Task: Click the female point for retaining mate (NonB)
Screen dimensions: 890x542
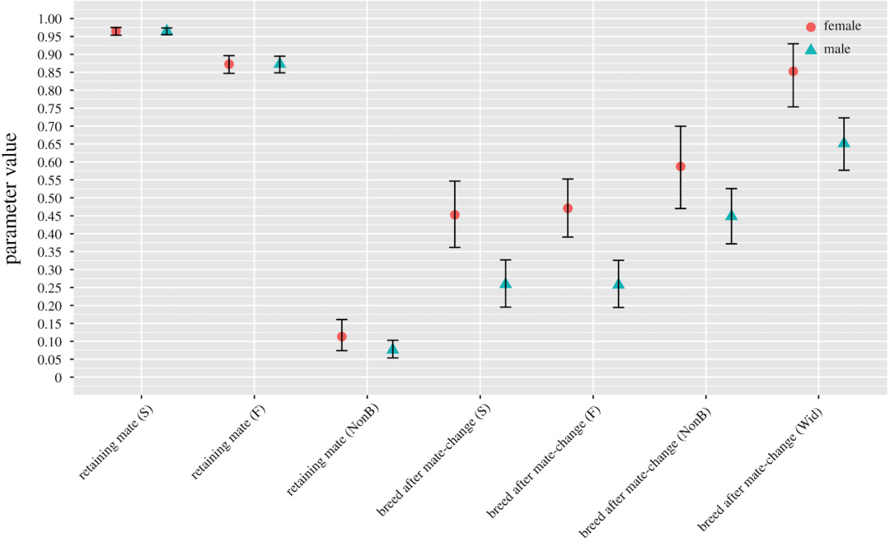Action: point(342,337)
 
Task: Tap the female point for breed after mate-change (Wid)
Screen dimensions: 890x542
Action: point(793,72)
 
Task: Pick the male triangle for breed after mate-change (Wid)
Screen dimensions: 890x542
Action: point(844,143)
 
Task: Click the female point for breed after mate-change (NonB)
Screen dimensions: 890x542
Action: point(681,167)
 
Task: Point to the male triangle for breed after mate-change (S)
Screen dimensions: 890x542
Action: point(506,283)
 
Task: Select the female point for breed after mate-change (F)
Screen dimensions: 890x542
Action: point(568,208)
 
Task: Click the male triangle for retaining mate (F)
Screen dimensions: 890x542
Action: point(280,63)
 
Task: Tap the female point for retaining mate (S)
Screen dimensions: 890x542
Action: point(116,31)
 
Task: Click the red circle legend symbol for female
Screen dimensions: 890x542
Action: point(811,26)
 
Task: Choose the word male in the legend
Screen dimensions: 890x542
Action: point(837,49)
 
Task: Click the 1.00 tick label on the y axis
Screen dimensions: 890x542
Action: point(50,19)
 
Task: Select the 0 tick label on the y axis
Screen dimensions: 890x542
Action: point(58,378)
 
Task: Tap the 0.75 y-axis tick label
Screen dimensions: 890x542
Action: point(50,109)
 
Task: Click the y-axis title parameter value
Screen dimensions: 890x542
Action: point(12,198)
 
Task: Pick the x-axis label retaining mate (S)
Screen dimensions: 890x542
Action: point(116,442)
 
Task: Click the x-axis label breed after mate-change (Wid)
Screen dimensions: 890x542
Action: point(761,469)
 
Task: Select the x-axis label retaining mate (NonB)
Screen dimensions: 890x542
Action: point(333,449)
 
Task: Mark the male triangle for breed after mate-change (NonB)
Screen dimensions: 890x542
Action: point(732,215)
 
